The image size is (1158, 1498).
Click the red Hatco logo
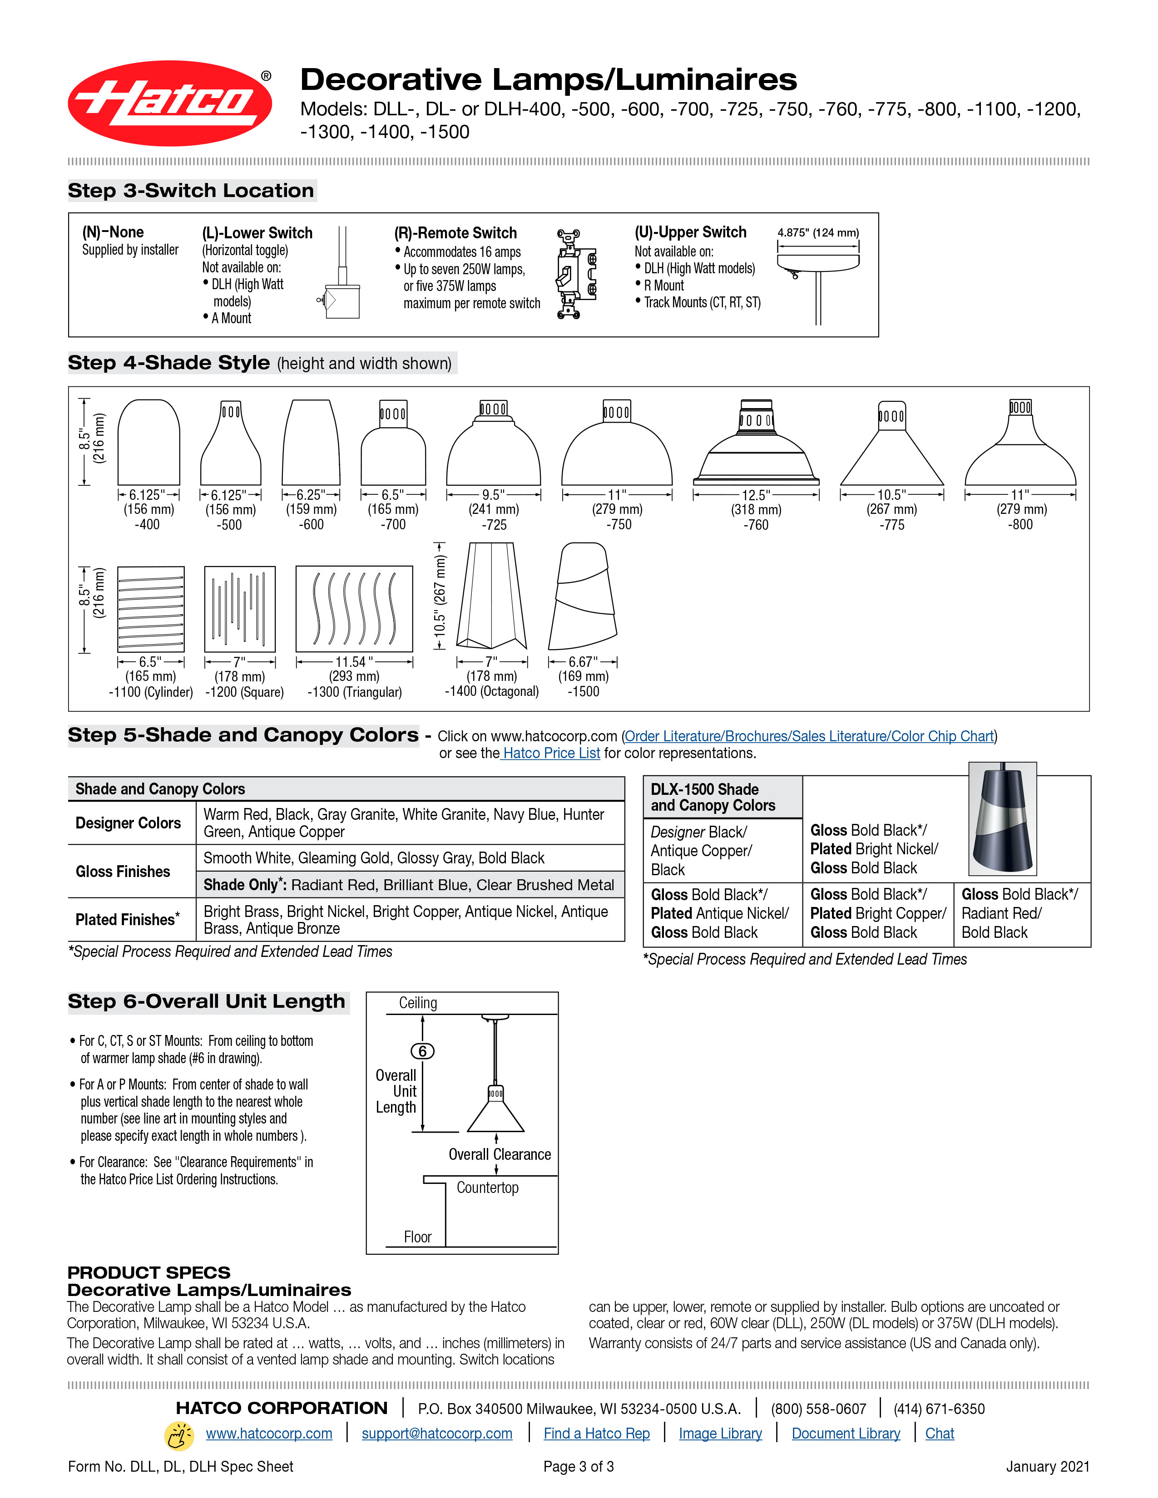coord(169,103)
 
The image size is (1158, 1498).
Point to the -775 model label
coord(892,525)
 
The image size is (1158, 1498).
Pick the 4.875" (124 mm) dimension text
coord(818,232)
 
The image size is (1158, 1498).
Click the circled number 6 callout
coord(423,1051)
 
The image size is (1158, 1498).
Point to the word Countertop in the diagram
coord(488,1188)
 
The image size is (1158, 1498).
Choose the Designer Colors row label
coord(128,823)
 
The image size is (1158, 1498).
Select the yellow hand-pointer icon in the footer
coord(179,1435)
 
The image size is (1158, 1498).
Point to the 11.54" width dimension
coord(354,662)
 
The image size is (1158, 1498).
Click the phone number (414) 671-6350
coord(939,1409)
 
